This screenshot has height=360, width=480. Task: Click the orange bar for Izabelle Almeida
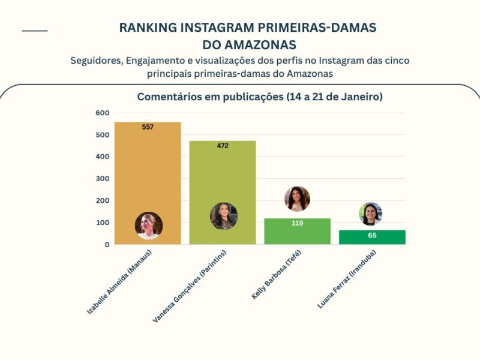point(148,174)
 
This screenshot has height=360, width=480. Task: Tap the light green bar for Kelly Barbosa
point(297,234)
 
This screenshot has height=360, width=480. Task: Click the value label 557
point(148,127)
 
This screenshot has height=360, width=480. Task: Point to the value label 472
point(223,146)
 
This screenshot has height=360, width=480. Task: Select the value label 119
point(297,223)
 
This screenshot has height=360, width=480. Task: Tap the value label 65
point(372,235)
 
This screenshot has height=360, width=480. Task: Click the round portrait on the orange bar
point(148,226)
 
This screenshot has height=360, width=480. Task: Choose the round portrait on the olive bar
point(223,216)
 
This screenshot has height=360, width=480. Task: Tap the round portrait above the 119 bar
point(297,199)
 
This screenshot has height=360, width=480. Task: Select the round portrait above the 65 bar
point(371,214)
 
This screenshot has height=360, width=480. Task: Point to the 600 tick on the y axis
point(102,113)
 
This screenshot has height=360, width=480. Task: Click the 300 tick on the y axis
point(102,179)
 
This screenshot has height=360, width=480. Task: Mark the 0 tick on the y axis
point(107,245)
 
